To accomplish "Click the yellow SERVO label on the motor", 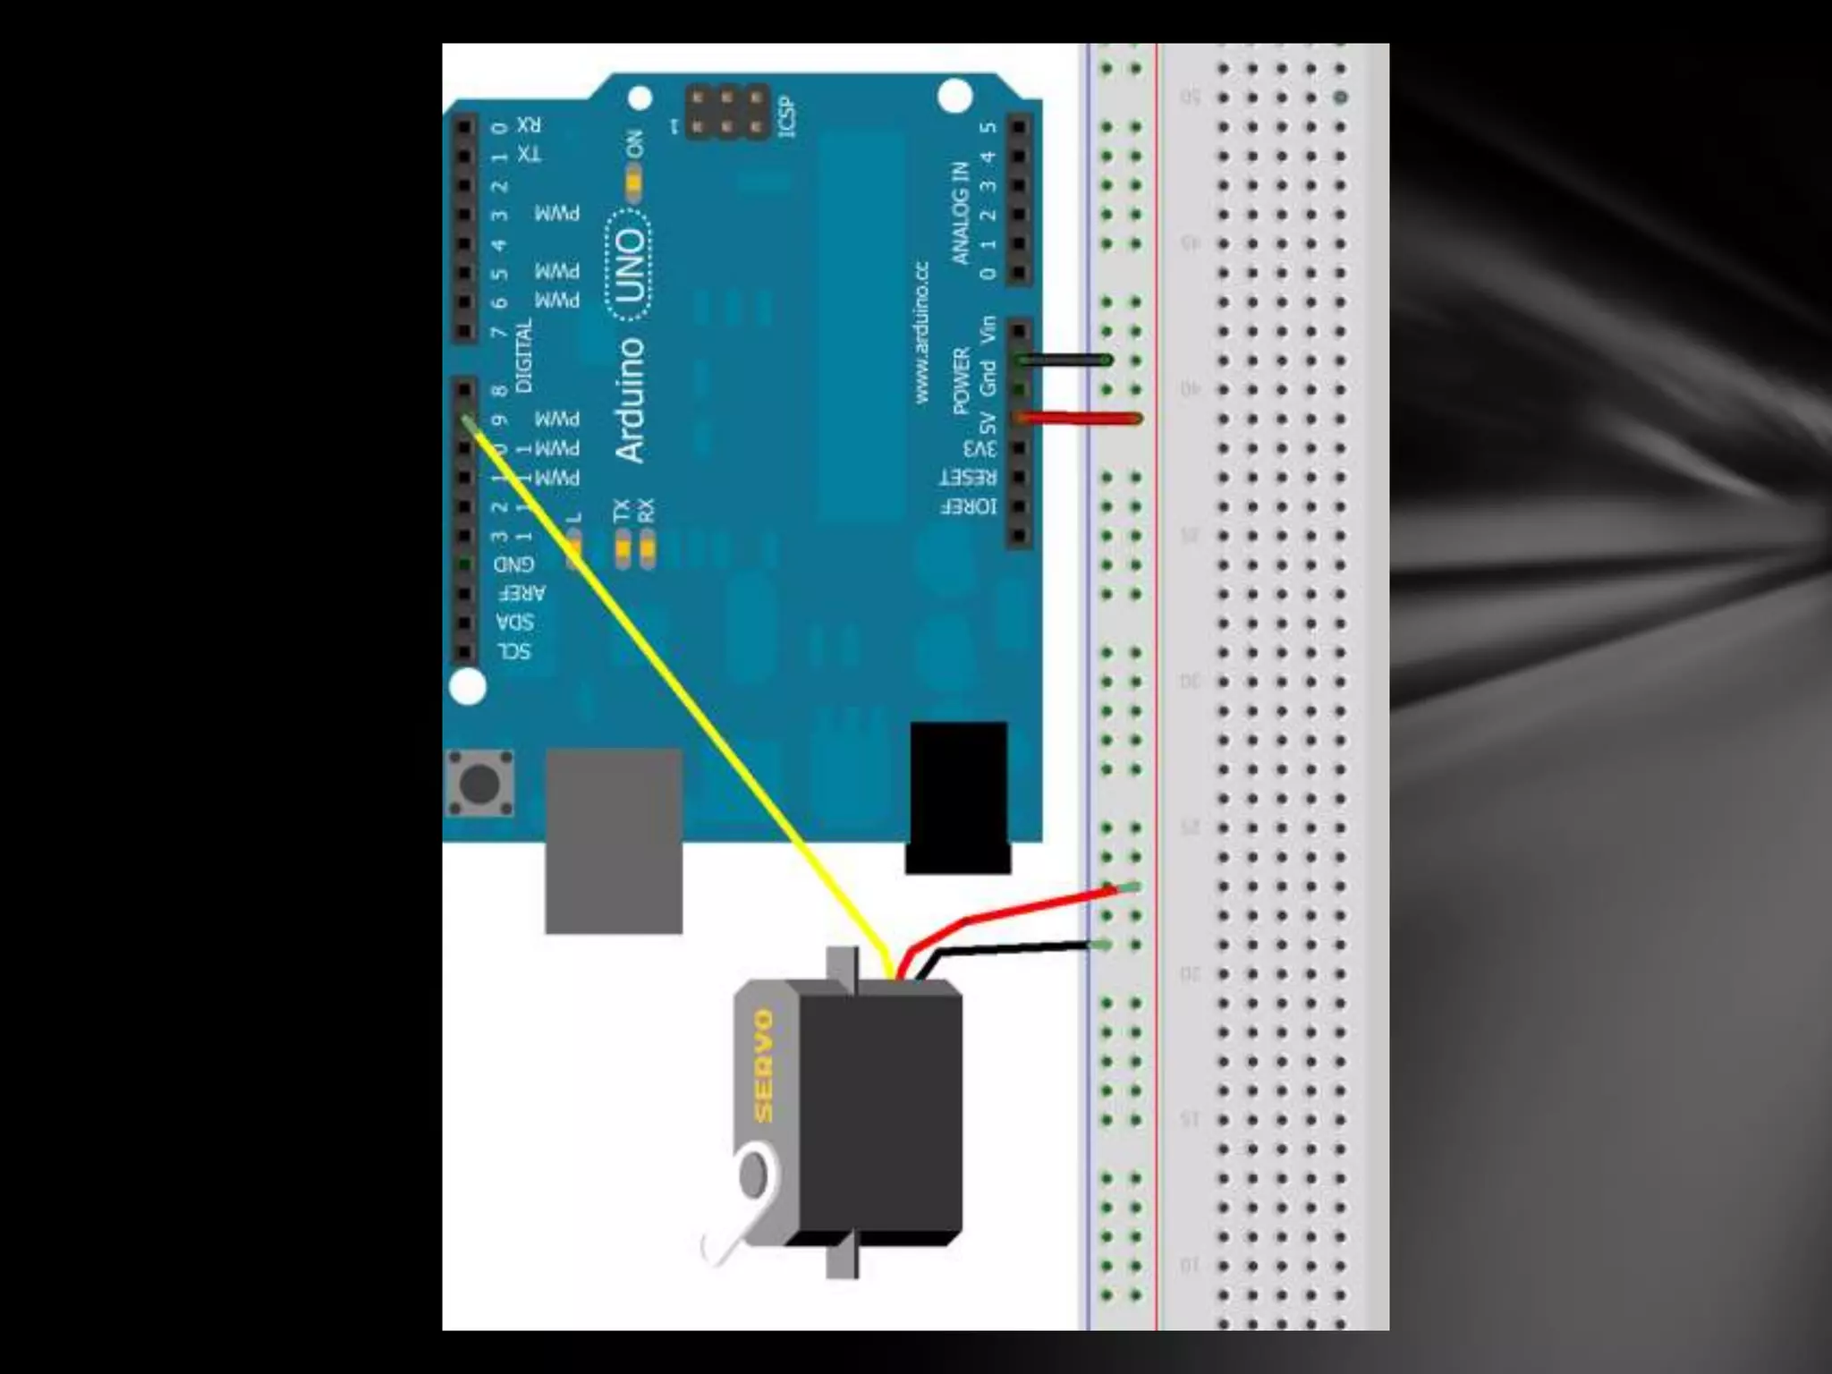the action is tap(762, 1064).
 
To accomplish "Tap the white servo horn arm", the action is tap(738, 1208).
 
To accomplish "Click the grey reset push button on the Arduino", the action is tap(479, 784).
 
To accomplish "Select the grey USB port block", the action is tap(614, 841).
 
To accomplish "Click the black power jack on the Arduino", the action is tap(958, 796).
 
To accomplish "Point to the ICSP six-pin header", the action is tap(727, 112).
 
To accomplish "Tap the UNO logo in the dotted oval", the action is tap(630, 265).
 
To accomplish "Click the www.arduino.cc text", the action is tap(922, 332).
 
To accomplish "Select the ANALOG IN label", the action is tap(961, 213).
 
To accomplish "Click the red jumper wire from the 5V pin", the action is tap(1078, 418).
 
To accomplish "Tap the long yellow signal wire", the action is tap(680, 689).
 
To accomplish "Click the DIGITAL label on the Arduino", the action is tap(524, 355).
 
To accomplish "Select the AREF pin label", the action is tap(522, 593).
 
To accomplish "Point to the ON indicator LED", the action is tap(634, 183).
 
